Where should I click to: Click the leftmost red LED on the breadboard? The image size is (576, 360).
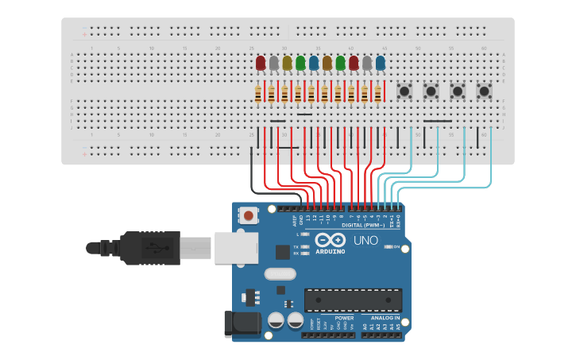(261, 63)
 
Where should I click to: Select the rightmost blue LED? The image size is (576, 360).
(381, 63)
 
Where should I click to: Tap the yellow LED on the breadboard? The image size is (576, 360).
(287, 63)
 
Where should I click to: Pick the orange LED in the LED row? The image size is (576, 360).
(327, 63)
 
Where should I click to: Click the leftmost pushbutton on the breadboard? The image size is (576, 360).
(404, 91)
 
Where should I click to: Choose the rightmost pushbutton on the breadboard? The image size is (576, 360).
(484, 91)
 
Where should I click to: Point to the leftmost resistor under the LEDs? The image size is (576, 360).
(259, 95)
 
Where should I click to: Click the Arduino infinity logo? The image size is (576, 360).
(330, 240)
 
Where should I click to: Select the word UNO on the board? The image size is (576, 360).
(365, 240)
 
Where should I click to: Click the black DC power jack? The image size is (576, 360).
(242, 323)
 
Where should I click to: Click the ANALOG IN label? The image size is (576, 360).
(385, 318)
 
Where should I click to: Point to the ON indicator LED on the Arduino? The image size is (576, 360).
(389, 246)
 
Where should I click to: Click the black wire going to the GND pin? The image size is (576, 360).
(270, 191)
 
